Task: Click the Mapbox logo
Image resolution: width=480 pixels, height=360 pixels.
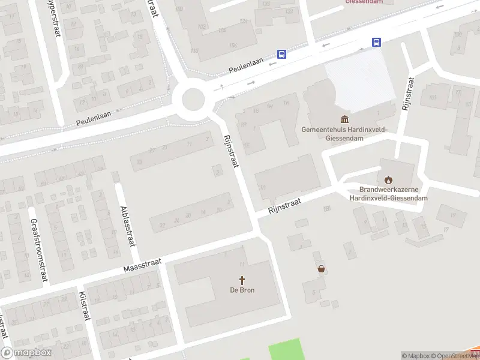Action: [26, 353]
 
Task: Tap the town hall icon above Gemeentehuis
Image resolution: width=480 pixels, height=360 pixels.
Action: [345, 119]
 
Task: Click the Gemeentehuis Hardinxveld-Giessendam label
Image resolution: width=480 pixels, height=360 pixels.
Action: [344, 133]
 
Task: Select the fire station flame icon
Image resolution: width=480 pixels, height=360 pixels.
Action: [388, 179]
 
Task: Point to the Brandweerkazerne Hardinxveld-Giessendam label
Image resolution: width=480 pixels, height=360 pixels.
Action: [389, 193]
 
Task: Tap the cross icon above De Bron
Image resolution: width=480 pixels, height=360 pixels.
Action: [242, 280]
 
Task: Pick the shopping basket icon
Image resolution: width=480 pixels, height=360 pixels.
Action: [322, 269]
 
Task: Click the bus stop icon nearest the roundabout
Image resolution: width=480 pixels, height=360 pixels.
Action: [281, 54]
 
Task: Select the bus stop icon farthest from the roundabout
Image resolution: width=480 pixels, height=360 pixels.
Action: [376, 42]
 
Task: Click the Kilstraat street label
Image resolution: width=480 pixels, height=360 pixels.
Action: [85, 307]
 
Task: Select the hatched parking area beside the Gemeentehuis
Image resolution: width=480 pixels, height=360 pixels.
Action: [359, 80]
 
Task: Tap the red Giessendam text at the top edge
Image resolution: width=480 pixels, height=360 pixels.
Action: [364, 2]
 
